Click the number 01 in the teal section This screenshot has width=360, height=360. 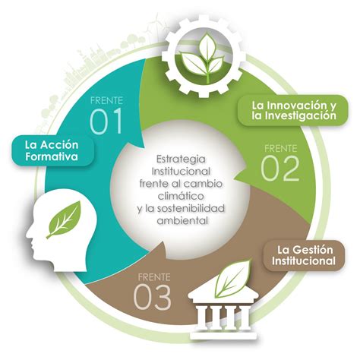[106, 122]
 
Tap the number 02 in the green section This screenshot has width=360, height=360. [280, 168]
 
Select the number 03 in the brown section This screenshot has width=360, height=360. [152, 296]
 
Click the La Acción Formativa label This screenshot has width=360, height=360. [52, 150]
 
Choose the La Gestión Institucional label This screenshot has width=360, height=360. [304, 255]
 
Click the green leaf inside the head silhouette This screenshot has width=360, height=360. [64, 219]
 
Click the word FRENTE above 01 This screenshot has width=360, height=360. [106, 100]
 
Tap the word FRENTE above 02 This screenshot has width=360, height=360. [280, 149]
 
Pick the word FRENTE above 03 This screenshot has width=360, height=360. [154, 277]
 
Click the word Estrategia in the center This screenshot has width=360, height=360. [181, 159]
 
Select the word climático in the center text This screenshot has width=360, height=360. [181, 196]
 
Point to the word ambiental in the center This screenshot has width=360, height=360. [183, 220]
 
